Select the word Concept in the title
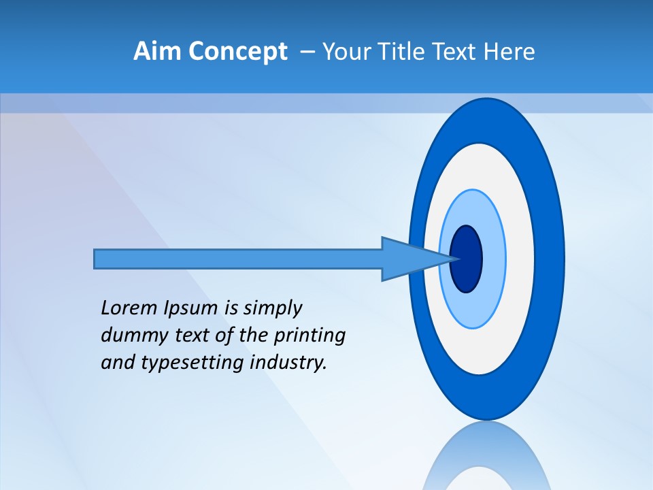tap(237, 52)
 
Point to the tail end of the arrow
tap(99, 259)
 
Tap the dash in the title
tap(307, 52)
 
